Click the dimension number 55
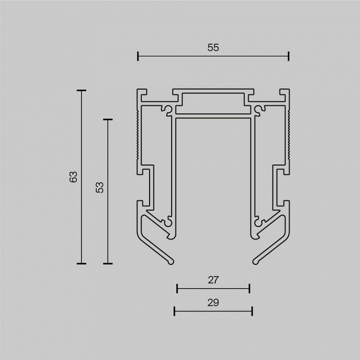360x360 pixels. pos(213,47)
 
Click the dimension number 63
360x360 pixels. pos(73,177)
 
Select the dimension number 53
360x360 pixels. pos(99,187)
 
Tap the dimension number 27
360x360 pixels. pos(213,280)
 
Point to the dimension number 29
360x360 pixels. pos(213,302)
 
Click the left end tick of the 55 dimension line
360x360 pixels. pos(138,56)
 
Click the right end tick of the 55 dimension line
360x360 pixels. pos(288,56)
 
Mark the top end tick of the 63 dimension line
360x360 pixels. pos(81,90)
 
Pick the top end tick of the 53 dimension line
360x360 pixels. pos(107,119)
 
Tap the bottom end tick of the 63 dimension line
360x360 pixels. pos(81,263)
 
